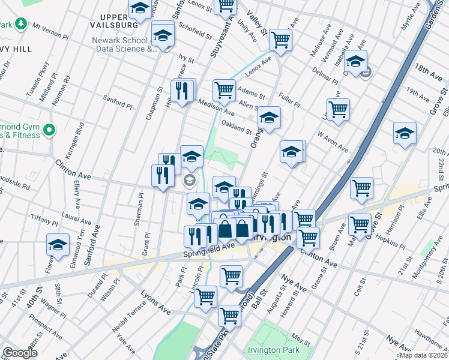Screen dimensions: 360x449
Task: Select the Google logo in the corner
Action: click(19, 353)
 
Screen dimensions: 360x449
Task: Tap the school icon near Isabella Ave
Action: click(355, 62)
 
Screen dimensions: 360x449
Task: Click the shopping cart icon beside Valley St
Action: click(280, 40)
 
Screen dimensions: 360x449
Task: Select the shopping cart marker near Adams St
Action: click(224, 90)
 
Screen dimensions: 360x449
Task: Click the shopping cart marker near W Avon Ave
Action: click(339, 109)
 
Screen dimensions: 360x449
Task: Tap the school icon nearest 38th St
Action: click(58, 244)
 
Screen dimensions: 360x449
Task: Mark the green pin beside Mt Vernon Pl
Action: click(22, 24)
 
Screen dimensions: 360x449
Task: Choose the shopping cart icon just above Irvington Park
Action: click(229, 314)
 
